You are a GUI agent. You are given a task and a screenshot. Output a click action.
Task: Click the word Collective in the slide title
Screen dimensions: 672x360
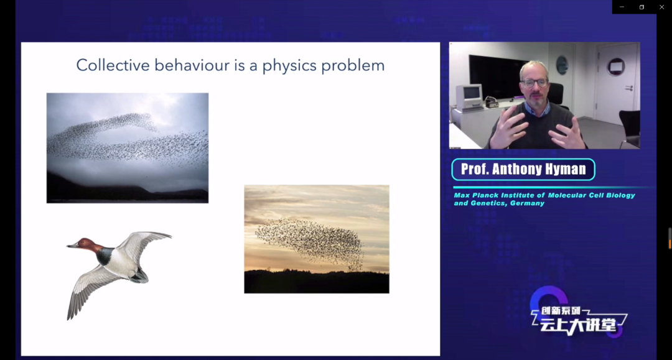click(113, 65)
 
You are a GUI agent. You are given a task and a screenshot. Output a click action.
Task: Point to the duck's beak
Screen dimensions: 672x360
click(72, 246)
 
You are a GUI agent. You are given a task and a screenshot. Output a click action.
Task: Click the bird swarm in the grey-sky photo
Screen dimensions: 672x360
click(128, 141)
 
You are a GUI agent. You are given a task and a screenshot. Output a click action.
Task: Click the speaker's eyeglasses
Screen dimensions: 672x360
click(534, 83)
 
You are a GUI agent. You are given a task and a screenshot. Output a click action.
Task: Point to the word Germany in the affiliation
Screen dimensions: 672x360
click(527, 203)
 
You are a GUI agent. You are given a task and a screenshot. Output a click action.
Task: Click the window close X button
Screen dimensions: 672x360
click(661, 7)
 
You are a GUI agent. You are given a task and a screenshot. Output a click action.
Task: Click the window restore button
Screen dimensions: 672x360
click(642, 7)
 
